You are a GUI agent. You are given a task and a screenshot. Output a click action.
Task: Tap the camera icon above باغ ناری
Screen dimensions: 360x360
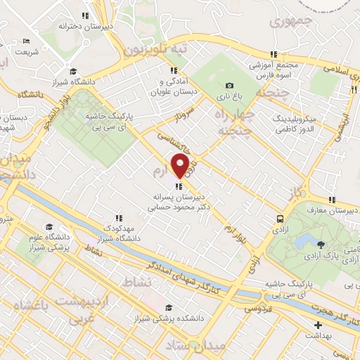click(x=229, y=86)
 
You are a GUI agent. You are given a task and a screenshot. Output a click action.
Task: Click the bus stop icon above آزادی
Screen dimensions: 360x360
click(x=280, y=219)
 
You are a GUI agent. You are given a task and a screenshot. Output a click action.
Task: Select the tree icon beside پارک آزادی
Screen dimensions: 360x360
click(x=321, y=245)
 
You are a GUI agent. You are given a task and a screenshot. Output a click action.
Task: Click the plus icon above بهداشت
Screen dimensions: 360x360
click(x=318, y=326)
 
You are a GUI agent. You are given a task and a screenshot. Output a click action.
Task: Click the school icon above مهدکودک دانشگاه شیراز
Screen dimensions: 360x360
click(x=119, y=217)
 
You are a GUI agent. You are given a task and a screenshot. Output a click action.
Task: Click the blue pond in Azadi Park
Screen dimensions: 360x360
click(x=304, y=243)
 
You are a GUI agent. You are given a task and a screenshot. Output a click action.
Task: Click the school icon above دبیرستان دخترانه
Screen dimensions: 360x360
click(x=85, y=15)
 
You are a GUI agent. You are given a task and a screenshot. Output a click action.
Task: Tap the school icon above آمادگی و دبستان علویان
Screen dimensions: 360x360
click(x=173, y=70)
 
